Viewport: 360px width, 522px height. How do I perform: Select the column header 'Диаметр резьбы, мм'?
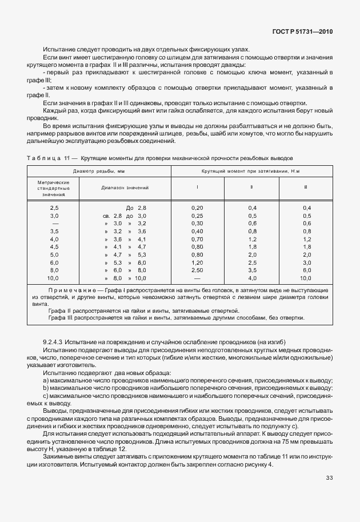(99, 172)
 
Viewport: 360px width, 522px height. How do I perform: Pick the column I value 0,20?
(197, 208)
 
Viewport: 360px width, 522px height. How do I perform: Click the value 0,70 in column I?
(197, 238)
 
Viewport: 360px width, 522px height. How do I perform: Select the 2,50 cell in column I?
(197, 270)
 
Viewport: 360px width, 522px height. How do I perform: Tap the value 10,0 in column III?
(306, 278)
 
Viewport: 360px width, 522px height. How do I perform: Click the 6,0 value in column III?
(306, 270)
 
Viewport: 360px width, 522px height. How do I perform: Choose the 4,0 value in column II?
(251, 278)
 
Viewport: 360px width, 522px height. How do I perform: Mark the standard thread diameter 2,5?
(54, 208)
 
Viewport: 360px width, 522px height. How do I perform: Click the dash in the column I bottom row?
(197, 278)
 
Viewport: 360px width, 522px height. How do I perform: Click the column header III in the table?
(306, 187)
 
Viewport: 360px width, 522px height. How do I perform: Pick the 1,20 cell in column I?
(197, 262)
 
